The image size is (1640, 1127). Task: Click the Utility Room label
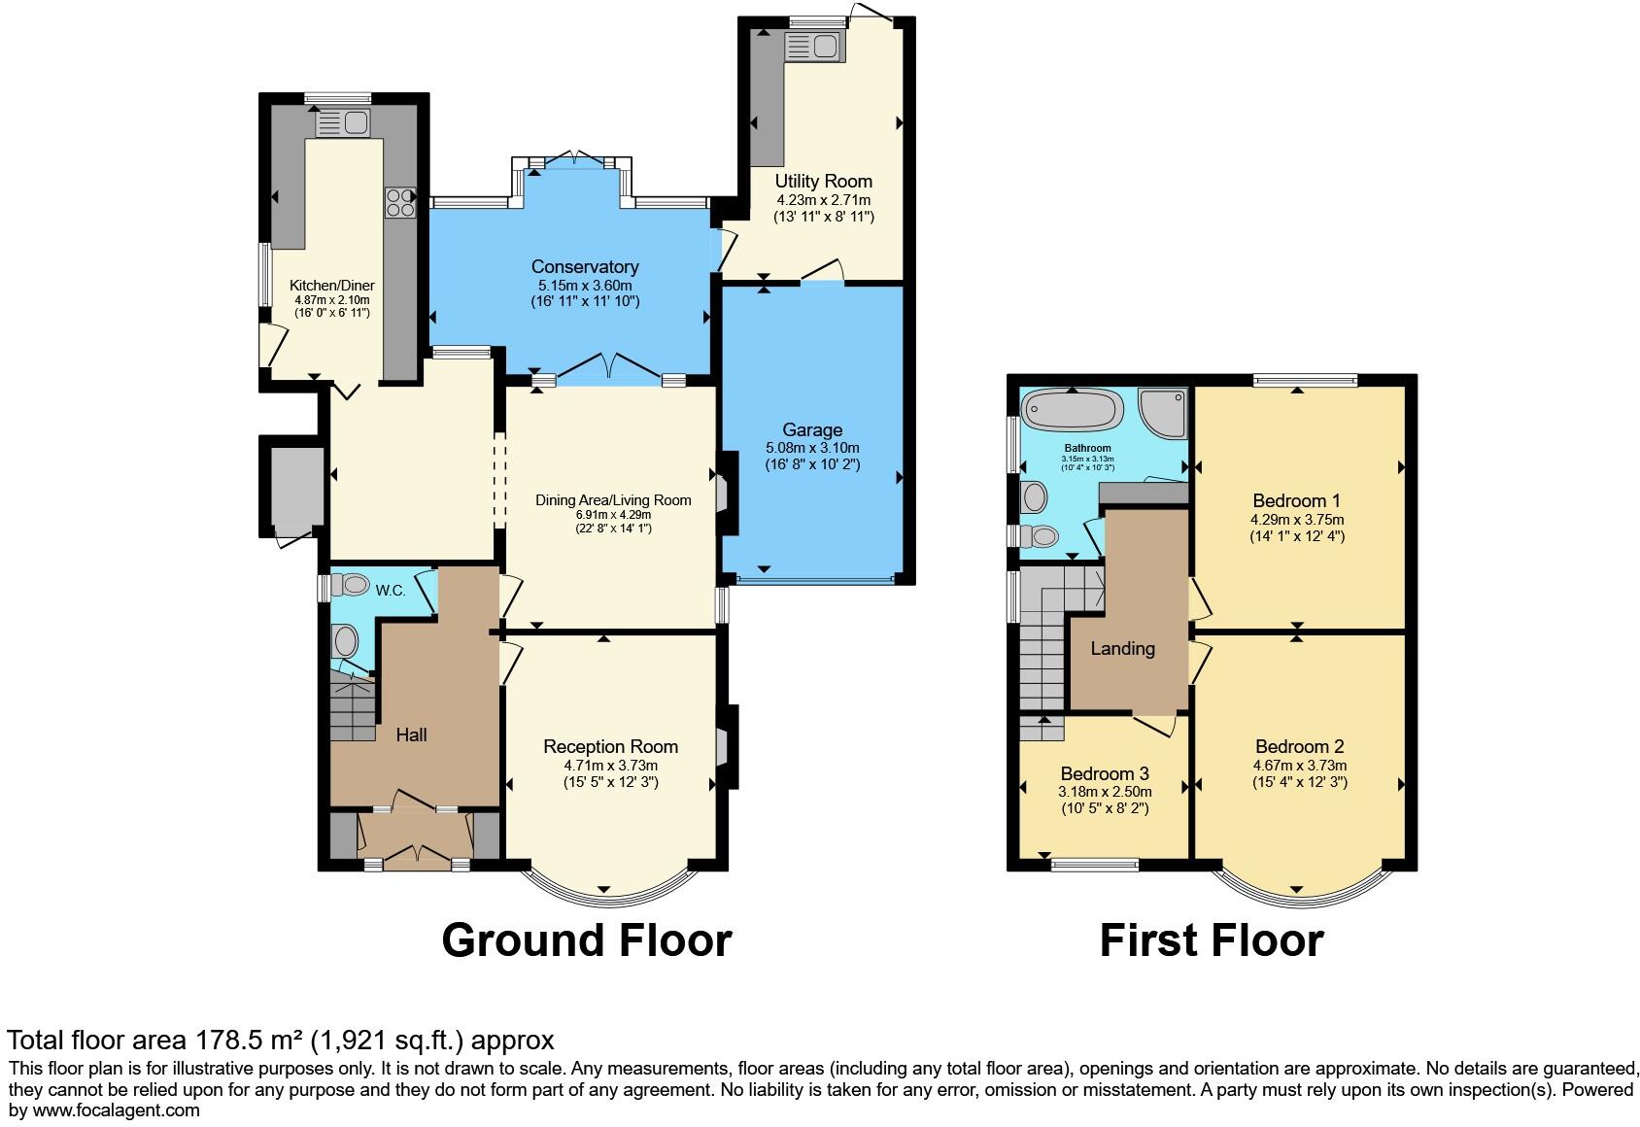tap(823, 181)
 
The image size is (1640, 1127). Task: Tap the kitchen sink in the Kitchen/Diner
tap(343, 123)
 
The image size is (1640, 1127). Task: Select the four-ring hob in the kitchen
tap(400, 201)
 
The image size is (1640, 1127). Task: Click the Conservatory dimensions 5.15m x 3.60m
tap(585, 286)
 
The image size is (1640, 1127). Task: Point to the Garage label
tap(812, 429)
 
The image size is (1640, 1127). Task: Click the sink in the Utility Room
tap(812, 46)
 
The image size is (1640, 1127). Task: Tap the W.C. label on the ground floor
tap(391, 590)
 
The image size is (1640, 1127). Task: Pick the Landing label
tap(1122, 648)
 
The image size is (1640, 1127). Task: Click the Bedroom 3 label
tap(1105, 773)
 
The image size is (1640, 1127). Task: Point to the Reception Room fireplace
tap(722, 747)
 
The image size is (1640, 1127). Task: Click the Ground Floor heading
tap(586, 940)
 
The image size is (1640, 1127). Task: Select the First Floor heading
tap(1211, 940)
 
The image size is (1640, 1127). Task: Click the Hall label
tap(411, 734)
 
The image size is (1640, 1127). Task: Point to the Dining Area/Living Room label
tap(613, 500)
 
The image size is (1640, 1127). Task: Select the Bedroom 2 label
tap(1299, 746)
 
